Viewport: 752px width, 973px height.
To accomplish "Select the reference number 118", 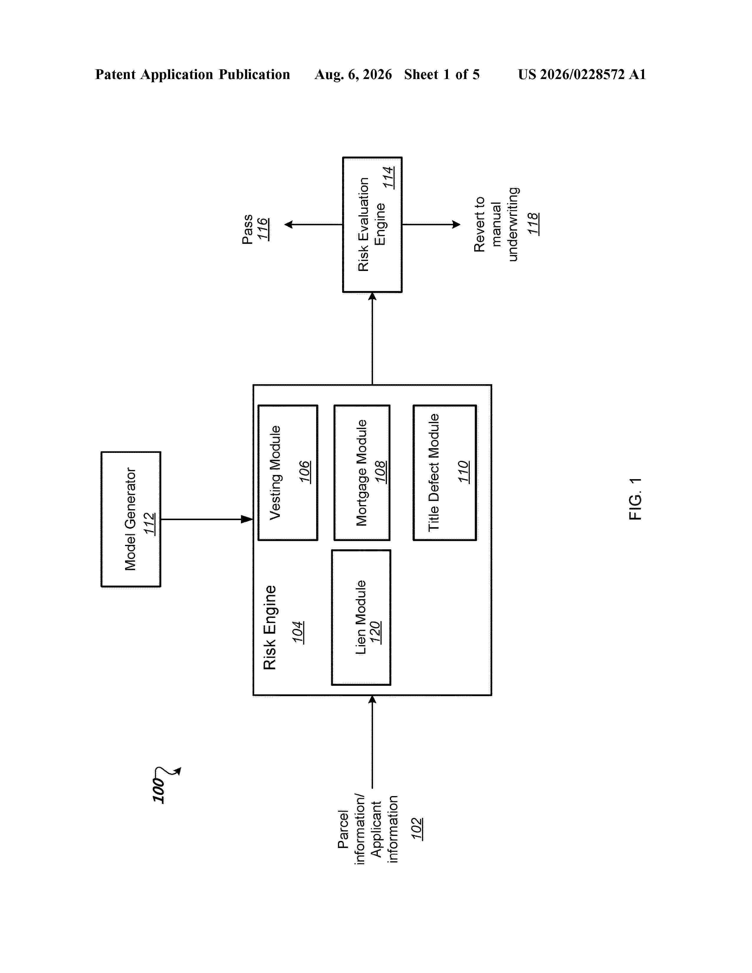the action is pos(533,224).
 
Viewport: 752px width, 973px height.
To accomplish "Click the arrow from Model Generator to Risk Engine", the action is pos(207,519).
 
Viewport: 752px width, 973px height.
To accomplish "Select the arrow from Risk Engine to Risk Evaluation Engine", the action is pos(372,338).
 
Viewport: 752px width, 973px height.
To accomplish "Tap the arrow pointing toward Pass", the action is pos(313,225).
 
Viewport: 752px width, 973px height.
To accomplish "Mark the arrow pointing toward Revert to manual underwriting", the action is pos(431,225).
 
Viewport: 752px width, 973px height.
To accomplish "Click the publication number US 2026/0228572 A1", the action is pos(582,74).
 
